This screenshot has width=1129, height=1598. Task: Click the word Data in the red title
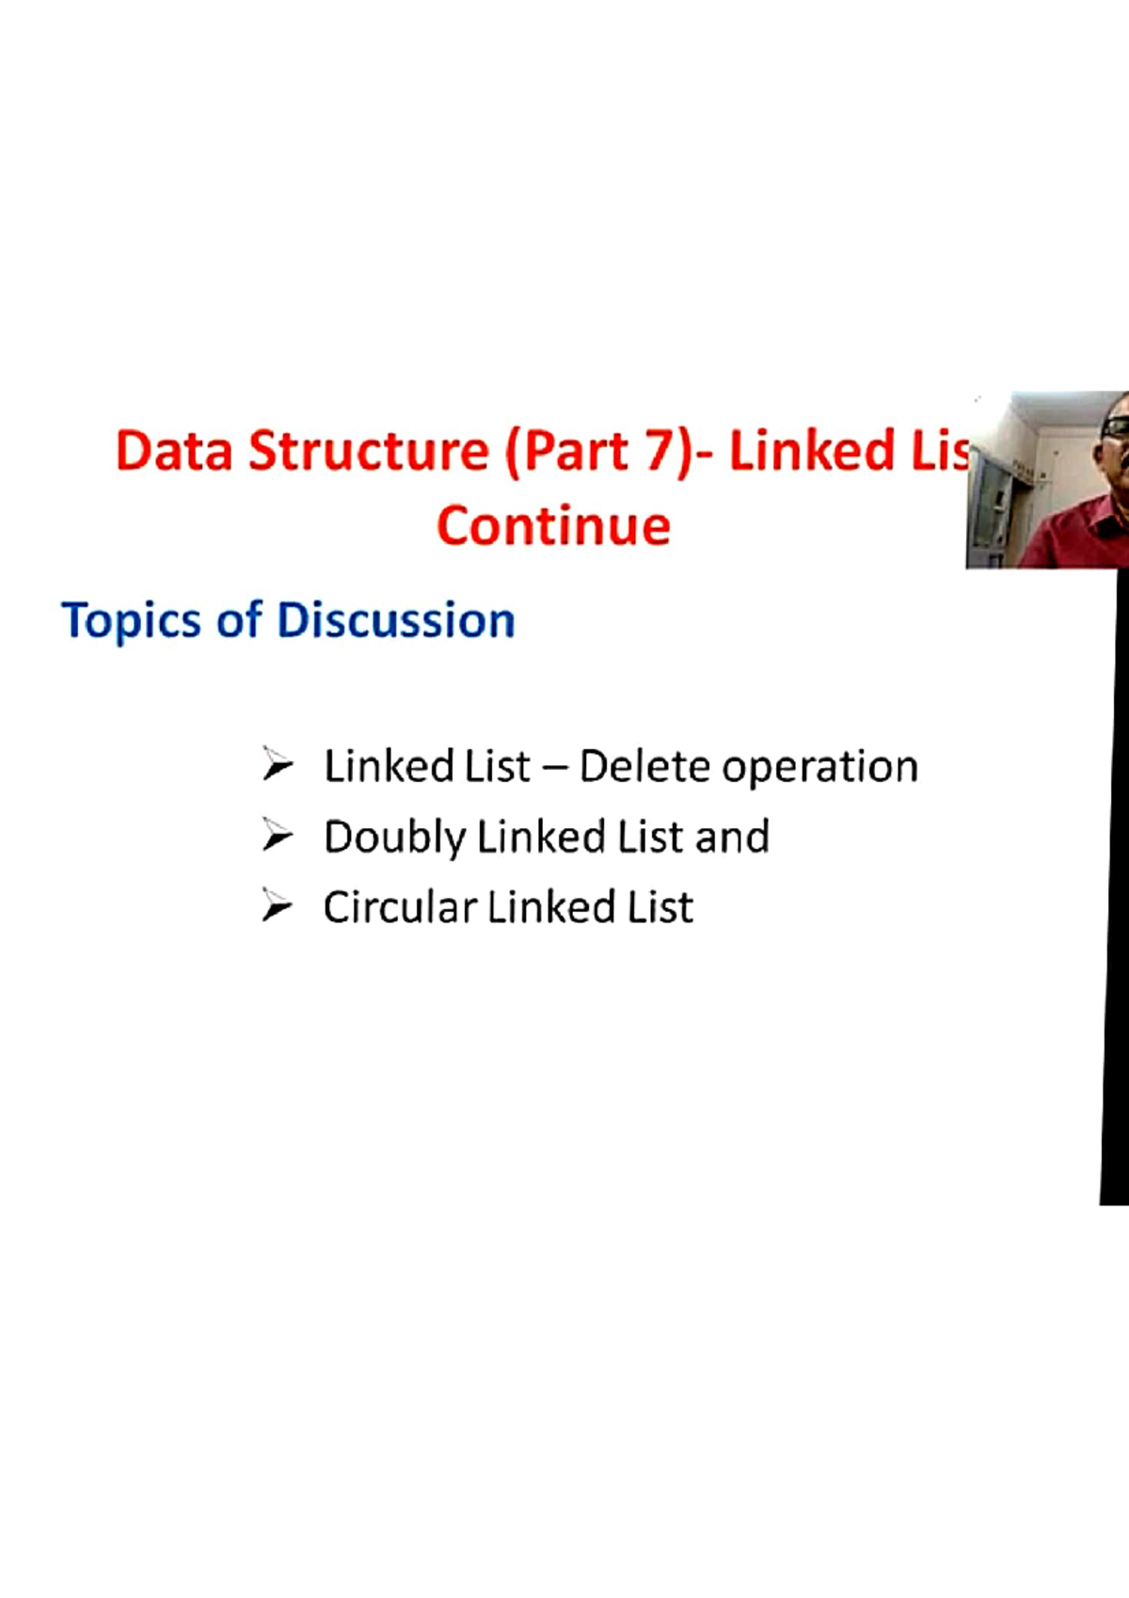point(174,451)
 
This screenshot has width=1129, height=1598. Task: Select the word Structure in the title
point(368,451)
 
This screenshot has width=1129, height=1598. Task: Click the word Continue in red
point(553,526)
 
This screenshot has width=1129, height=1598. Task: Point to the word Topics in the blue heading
point(131,621)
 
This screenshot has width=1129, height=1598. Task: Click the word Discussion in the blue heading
point(395,620)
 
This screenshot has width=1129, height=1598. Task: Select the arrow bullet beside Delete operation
point(278,764)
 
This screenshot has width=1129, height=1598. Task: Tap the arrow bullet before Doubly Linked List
point(278,835)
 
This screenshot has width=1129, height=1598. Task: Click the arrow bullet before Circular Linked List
point(278,905)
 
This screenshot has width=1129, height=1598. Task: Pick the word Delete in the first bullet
point(644,767)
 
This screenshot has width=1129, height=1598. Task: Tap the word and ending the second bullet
point(733,837)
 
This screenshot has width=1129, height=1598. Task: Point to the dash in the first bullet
point(555,769)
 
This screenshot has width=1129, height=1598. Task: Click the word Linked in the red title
point(812,451)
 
